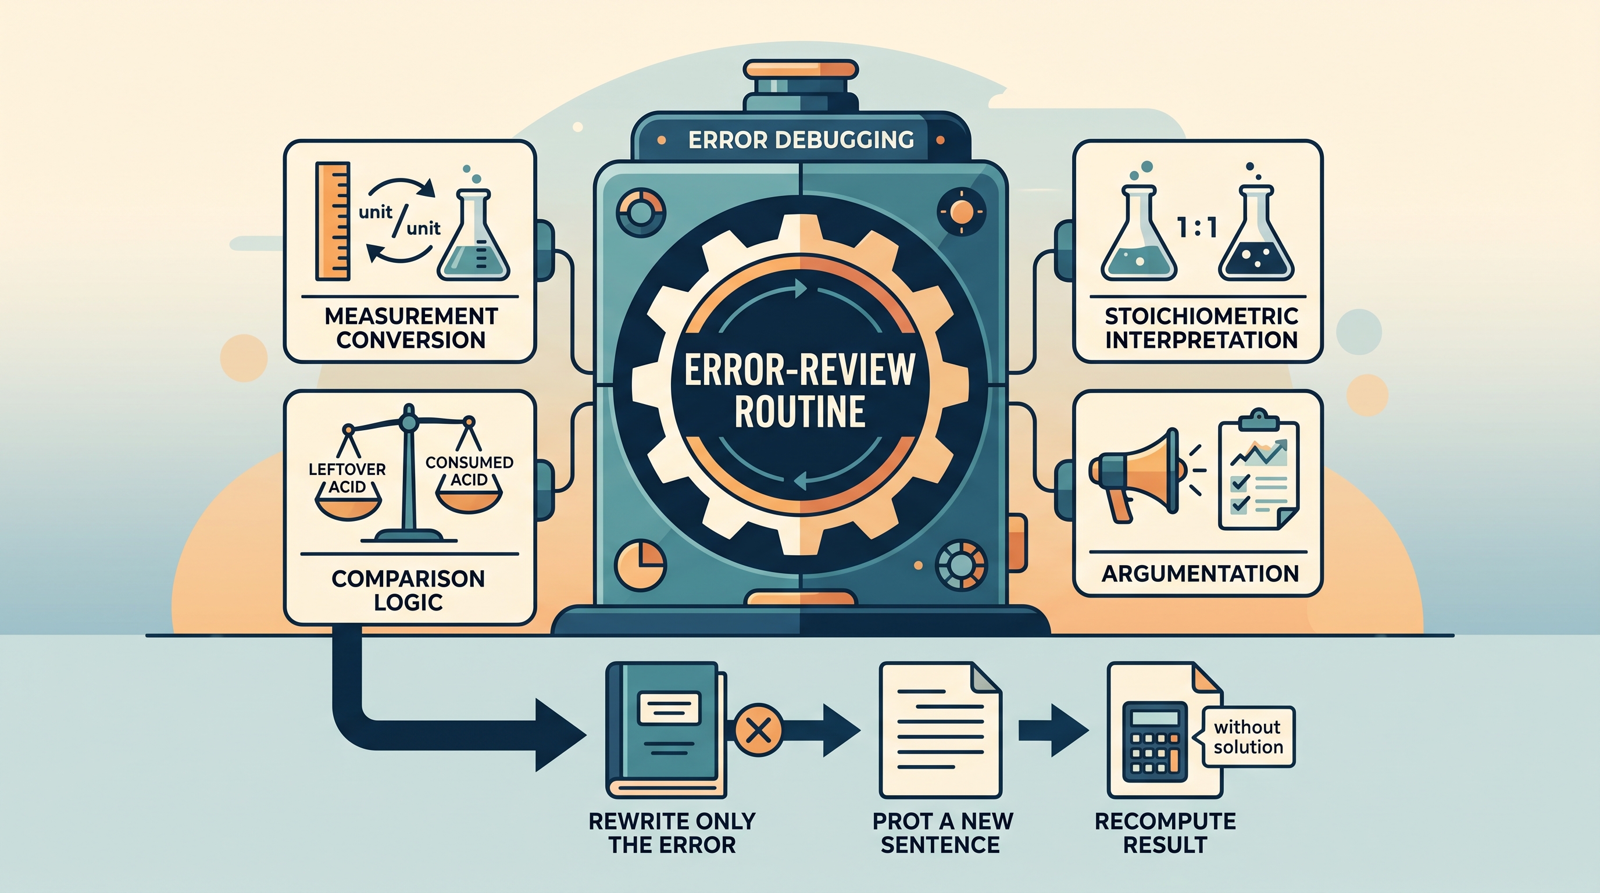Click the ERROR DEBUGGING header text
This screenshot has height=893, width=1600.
click(x=801, y=140)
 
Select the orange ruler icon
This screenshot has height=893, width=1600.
click(x=333, y=222)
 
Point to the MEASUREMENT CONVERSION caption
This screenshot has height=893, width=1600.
click(x=410, y=328)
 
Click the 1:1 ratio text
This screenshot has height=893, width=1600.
click(x=1197, y=228)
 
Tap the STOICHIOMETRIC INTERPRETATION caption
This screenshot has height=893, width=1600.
click(x=1201, y=328)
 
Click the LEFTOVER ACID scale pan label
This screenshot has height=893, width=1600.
click(x=347, y=478)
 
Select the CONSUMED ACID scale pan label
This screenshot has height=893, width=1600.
click(x=469, y=471)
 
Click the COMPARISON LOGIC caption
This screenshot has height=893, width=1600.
click(x=408, y=590)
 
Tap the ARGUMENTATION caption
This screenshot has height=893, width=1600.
click(x=1200, y=573)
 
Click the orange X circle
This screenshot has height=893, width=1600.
click(x=758, y=730)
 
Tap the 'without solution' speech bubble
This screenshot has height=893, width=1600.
click(x=1248, y=737)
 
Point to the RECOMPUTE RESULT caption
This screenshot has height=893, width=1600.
click(x=1165, y=833)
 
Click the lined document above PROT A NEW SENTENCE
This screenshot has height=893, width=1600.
click(x=940, y=730)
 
